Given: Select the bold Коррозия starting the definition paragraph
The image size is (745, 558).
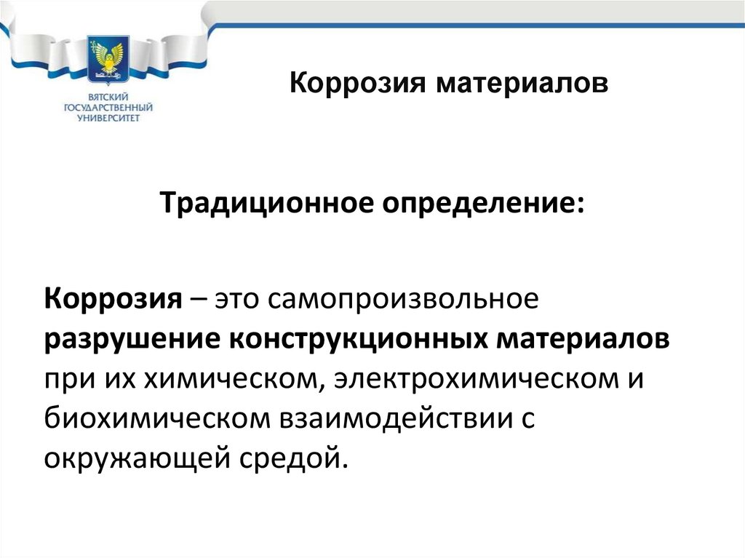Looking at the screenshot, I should [113, 300].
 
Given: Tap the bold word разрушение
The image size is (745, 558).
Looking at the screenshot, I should [129, 339].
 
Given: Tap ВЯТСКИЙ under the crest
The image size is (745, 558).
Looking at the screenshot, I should [108, 97].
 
